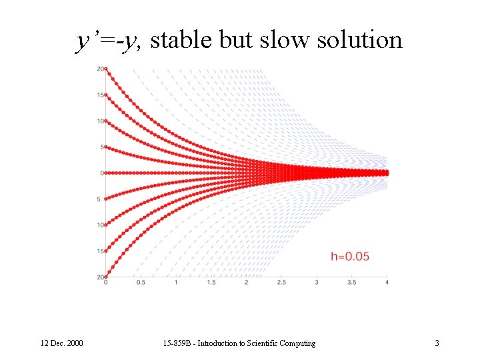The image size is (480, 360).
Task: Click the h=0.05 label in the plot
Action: click(350, 257)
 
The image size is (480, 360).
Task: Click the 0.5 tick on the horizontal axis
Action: click(141, 283)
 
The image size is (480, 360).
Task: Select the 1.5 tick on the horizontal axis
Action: click(211, 283)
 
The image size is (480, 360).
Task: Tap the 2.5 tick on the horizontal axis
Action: click(281, 283)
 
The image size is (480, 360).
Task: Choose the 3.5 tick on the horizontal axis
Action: click(351, 283)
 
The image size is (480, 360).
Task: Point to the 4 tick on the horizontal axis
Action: click(387, 283)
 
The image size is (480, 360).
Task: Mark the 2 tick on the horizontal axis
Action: click(247, 283)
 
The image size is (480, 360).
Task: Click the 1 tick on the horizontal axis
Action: click(176, 283)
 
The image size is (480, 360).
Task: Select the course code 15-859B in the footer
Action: click(177, 343)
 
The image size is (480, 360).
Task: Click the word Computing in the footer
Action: click(299, 343)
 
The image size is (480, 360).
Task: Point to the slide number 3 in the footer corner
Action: click(437, 343)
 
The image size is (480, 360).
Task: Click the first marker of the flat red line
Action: click(105, 173)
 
